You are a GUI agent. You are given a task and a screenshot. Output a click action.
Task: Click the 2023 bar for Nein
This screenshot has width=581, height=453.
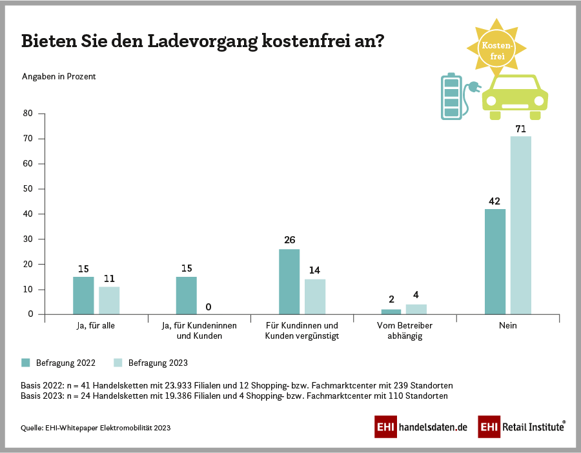(x=521, y=225)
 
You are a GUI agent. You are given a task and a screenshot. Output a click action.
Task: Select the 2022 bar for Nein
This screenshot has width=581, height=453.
(x=495, y=261)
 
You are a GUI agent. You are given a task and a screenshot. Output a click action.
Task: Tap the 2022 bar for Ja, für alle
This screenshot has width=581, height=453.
(x=83, y=296)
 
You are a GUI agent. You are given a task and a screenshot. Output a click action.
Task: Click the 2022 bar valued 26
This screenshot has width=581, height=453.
(x=289, y=281)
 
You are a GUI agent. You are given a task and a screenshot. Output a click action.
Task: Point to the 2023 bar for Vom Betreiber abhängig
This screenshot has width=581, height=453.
(x=416, y=309)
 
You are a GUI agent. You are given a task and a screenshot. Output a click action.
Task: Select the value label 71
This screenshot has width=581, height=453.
(x=521, y=129)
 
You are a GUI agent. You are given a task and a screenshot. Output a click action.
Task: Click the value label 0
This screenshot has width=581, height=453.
(x=208, y=307)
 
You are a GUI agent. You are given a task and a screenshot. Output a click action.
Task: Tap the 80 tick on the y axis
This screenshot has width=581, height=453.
(x=28, y=114)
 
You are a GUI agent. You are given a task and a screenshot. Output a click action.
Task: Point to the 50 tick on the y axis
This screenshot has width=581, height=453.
(x=28, y=189)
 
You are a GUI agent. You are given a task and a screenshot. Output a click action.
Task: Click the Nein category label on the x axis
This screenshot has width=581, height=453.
(x=508, y=326)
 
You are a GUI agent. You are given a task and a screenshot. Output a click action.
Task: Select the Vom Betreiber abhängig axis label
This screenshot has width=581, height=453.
(x=405, y=331)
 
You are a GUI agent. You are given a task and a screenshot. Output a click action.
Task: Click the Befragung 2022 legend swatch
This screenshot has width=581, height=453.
(x=26, y=363)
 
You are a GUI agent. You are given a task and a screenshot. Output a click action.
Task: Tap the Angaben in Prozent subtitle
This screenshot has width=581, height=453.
(x=59, y=76)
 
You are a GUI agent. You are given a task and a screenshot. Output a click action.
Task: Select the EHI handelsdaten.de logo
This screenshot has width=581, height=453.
(x=420, y=427)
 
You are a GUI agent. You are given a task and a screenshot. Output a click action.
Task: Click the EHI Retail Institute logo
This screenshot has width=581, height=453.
(x=522, y=427)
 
